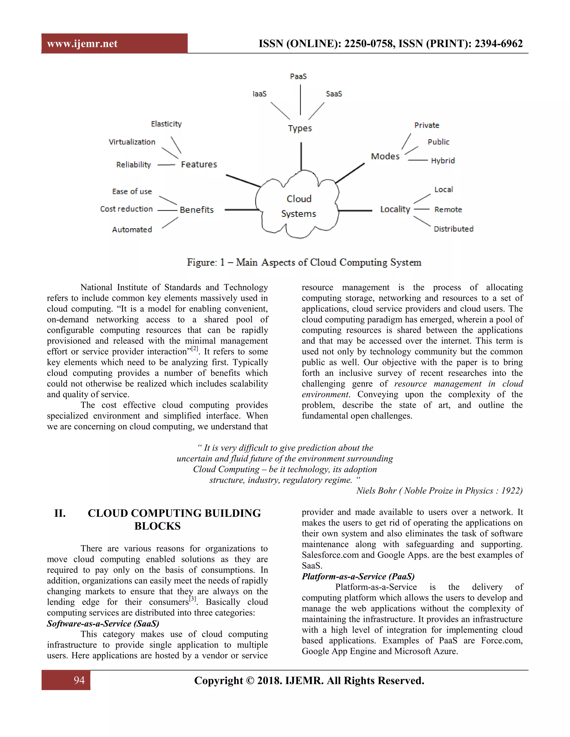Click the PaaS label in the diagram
tap(298, 76)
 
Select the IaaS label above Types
tap(259, 94)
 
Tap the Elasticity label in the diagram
tap(166, 124)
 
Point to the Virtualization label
tap(132, 142)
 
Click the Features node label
tap(199, 164)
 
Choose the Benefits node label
tap(196, 210)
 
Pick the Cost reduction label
tap(127, 209)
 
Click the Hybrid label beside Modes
tap(443, 161)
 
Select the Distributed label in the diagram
tap(453, 229)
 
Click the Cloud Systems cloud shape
tap(299, 206)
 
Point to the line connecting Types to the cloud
tap(301, 156)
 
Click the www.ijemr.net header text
tap(82, 44)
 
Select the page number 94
tap(79, 680)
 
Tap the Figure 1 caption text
tap(304, 262)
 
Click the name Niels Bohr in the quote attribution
tap(376, 491)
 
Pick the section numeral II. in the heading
tap(60, 513)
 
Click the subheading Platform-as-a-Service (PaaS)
tap(358, 576)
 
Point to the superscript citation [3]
tap(193, 599)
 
